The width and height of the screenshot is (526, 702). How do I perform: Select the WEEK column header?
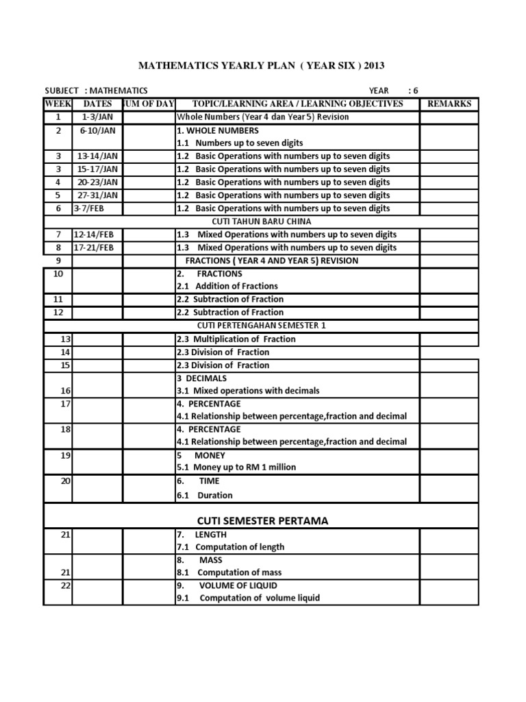coord(58,104)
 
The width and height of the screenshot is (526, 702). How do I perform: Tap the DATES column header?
coord(97,104)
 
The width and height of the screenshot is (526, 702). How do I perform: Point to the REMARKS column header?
coord(449,104)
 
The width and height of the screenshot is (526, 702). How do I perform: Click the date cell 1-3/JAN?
coord(98,117)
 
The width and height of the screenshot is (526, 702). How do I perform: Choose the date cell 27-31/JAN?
coord(98,195)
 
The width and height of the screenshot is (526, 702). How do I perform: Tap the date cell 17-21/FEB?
coord(95,247)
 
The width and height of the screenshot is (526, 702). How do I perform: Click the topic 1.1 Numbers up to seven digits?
coord(240,143)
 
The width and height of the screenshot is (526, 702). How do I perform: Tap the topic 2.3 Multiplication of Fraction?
coord(236,339)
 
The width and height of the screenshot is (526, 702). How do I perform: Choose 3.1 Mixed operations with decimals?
coord(248,391)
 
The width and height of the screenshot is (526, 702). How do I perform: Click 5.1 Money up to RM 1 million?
coord(236,468)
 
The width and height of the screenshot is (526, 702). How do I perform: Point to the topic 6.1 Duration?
coord(205,495)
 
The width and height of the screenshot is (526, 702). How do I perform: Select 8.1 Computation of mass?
coord(229,572)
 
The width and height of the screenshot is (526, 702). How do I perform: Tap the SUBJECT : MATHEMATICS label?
coord(96,90)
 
